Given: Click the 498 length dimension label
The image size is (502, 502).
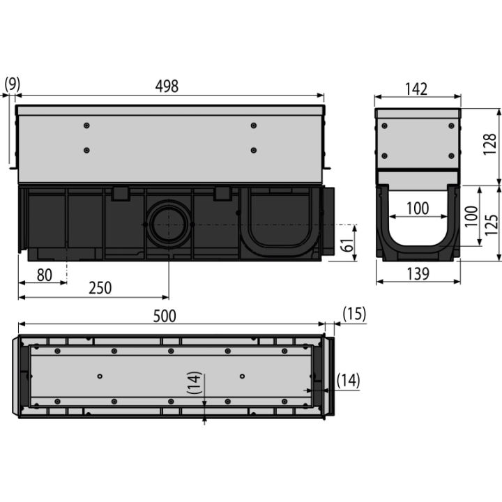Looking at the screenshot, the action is click(167, 86).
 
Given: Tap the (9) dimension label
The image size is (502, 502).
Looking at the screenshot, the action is click(12, 84).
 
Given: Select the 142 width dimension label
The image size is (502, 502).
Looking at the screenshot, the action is click(416, 89).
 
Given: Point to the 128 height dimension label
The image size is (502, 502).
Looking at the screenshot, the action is click(489, 145).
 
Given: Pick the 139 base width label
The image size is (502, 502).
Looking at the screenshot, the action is click(418, 274).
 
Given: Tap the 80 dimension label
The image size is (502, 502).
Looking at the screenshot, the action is click(45, 275).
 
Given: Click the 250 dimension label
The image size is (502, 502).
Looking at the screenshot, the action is click(100, 288).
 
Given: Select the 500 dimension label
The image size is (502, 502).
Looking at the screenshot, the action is click(165, 316).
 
